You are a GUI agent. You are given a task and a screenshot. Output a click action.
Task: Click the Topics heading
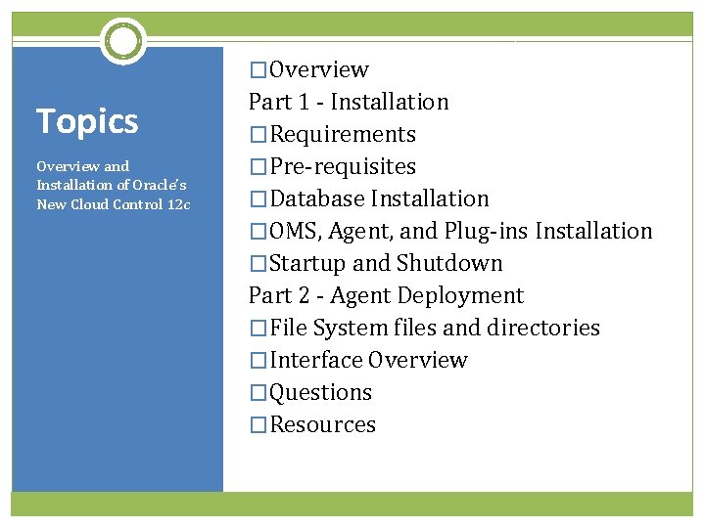pyautogui.click(x=87, y=121)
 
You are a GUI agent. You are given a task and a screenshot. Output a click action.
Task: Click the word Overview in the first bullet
pyautogui.click(x=319, y=69)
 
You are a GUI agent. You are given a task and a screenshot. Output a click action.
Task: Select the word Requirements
pyautogui.click(x=343, y=134)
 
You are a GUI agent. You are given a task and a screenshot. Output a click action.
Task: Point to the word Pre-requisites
pyautogui.click(x=343, y=166)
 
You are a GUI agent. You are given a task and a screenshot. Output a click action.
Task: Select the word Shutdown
pyautogui.click(x=449, y=263)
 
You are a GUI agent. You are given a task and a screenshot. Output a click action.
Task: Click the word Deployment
pyautogui.click(x=460, y=295)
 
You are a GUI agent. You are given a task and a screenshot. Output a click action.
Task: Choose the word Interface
pyautogui.click(x=316, y=360)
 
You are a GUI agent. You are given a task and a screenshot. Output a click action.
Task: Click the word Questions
pyautogui.click(x=321, y=392)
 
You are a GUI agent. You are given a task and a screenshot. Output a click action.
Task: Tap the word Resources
pyautogui.click(x=323, y=424)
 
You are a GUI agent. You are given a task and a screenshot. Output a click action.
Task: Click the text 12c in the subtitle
pyautogui.click(x=178, y=203)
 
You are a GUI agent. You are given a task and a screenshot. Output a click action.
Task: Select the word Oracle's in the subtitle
pyautogui.click(x=159, y=185)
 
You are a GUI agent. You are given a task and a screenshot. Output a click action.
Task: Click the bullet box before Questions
pyautogui.click(x=258, y=393)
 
